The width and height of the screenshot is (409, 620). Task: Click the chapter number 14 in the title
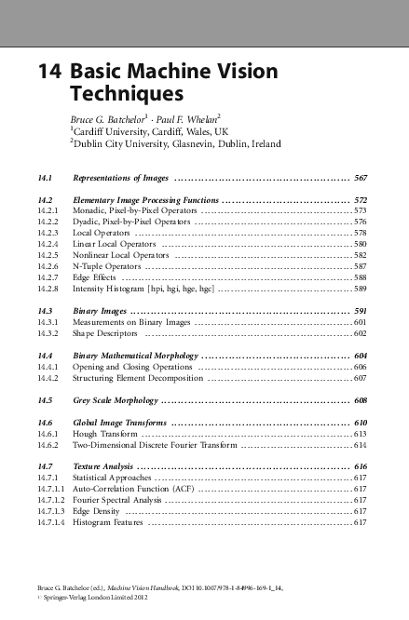[x=48, y=74]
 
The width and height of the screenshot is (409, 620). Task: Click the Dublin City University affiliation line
[x=174, y=145]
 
